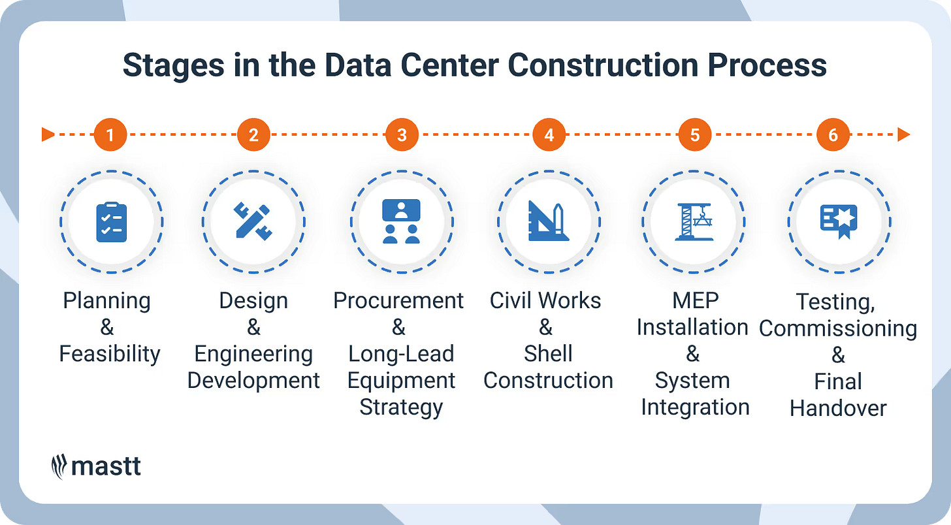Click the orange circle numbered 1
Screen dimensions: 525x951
pos(110,135)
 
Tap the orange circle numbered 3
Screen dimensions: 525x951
pos(402,135)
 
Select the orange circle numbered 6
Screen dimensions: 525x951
pos(833,135)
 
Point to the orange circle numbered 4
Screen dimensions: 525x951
pos(549,135)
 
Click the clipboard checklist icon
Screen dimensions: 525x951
pos(111,222)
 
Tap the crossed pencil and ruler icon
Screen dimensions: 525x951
pos(253,222)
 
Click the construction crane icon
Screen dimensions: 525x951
pos(694,222)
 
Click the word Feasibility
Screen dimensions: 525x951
pos(110,354)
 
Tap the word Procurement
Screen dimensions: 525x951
pos(398,300)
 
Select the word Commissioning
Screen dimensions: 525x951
pos(838,328)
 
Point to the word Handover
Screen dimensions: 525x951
pos(838,408)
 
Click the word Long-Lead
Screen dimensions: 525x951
pos(401,354)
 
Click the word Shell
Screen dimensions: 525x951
pos(548,354)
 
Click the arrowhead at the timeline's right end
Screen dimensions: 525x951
pos(904,135)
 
